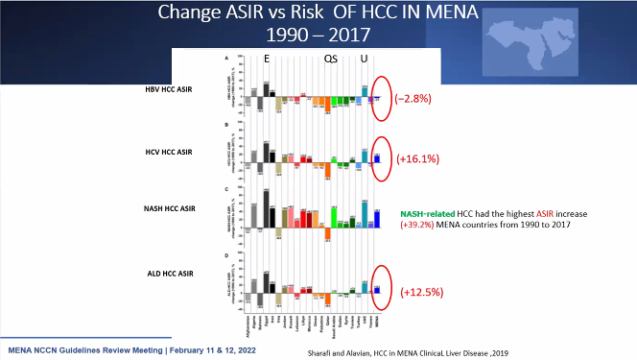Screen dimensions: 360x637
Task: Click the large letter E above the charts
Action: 267,59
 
